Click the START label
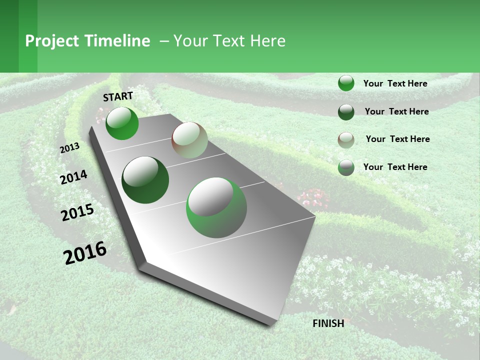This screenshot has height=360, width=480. (x=118, y=96)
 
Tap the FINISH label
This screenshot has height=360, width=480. (x=328, y=323)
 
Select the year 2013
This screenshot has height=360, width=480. (x=69, y=148)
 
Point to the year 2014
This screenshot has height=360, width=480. (x=73, y=177)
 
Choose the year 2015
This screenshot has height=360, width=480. (x=77, y=212)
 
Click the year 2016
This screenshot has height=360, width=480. (x=85, y=252)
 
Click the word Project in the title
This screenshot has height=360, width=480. (x=52, y=41)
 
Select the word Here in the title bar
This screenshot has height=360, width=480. (x=267, y=41)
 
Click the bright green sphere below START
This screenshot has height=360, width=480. (x=122, y=123)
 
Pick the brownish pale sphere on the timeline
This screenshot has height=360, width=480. (x=189, y=139)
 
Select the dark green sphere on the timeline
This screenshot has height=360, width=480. (x=145, y=180)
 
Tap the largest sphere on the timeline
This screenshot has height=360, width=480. (x=216, y=207)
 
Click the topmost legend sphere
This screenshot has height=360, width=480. (x=346, y=83)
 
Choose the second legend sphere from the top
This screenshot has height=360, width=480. (x=346, y=112)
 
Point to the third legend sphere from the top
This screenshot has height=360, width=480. (x=346, y=140)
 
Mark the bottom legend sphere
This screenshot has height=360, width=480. (x=346, y=167)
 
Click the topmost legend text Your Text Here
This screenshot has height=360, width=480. (x=395, y=83)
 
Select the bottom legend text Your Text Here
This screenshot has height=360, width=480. (x=395, y=167)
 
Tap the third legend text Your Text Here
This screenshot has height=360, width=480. (x=397, y=139)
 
